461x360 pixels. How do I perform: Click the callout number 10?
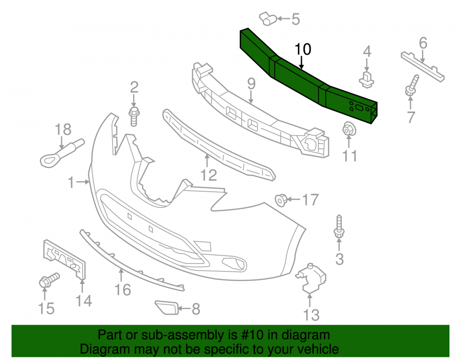[302, 49]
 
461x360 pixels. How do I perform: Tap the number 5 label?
[296, 19]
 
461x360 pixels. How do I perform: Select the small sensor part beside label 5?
[267, 19]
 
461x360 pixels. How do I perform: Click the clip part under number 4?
[366, 79]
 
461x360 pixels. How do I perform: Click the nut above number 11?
[349, 129]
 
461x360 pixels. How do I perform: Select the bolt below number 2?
[134, 117]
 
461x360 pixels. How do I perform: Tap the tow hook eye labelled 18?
[62, 153]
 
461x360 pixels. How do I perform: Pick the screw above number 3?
[339, 226]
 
